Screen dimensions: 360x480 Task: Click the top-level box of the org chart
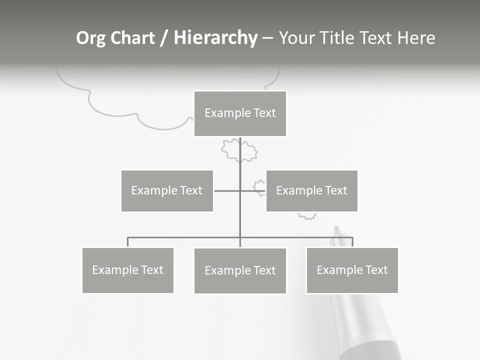pyautogui.click(x=240, y=113)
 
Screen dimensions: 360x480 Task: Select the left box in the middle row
pyautogui.click(x=167, y=190)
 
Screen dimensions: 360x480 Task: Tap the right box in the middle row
pyautogui.click(x=311, y=190)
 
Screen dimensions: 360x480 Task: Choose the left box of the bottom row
pyautogui.click(x=128, y=270)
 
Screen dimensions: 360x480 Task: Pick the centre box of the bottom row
pyautogui.click(x=240, y=270)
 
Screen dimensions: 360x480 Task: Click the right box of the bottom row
pyautogui.click(x=352, y=270)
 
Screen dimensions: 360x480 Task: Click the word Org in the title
pyautogui.click(x=90, y=38)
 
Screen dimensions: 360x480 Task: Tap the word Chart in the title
pyautogui.click(x=133, y=38)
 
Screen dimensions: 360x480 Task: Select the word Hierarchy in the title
pyautogui.click(x=215, y=38)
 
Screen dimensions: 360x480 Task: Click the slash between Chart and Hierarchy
pyautogui.click(x=164, y=38)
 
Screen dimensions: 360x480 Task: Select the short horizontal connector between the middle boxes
pyautogui.click(x=227, y=190)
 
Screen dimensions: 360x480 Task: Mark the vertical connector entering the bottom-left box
pyautogui.click(x=128, y=242)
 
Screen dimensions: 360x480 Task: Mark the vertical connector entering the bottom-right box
pyautogui.click(x=352, y=242)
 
